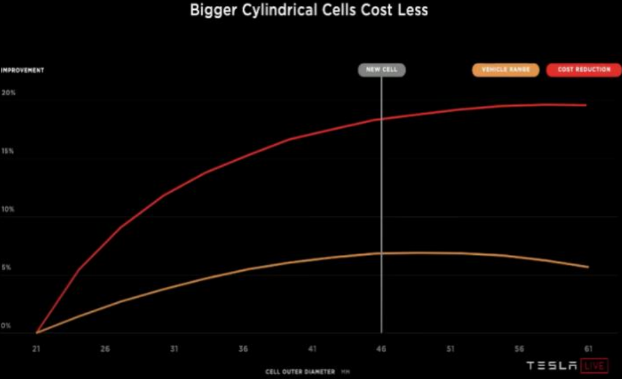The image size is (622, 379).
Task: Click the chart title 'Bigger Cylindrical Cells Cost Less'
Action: (309, 10)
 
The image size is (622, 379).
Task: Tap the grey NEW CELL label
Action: (381, 70)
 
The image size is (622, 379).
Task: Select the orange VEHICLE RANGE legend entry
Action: (505, 70)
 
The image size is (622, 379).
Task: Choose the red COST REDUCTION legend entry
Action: (584, 70)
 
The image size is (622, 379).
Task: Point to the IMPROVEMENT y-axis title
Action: (23, 70)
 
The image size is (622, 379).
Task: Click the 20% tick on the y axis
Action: (9, 93)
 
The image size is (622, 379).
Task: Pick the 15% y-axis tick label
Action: (8, 151)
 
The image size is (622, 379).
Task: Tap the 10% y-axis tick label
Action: (8, 209)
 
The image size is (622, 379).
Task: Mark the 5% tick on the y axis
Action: (7, 268)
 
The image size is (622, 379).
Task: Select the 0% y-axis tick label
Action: (6, 326)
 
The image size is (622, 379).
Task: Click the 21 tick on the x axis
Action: (37, 349)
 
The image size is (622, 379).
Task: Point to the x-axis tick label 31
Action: (174, 349)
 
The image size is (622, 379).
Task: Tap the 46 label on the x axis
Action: (381, 349)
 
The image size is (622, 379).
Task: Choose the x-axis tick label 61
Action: (588, 349)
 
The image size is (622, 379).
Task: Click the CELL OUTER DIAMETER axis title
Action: (300, 371)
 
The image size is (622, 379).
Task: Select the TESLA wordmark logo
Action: (551, 366)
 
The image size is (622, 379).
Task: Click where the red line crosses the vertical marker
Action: (381, 119)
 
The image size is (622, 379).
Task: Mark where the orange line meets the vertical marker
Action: (381, 253)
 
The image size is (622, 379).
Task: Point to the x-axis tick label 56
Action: (519, 349)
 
